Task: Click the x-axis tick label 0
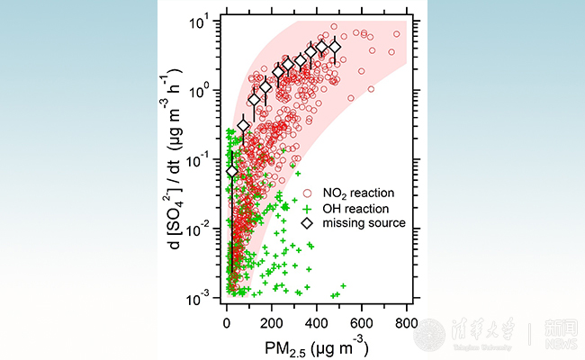coord(226,323)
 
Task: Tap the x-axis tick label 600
coord(362,323)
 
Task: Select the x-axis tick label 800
coord(407,323)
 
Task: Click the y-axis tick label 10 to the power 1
coord(201,21)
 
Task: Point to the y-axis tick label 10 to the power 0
coord(201,90)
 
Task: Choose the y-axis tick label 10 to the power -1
coord(201,158)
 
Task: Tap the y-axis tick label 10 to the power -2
coord(201,228)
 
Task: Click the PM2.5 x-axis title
coord(316,345)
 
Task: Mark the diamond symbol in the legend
coord(307,222)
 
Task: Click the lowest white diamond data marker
coord(232,171)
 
